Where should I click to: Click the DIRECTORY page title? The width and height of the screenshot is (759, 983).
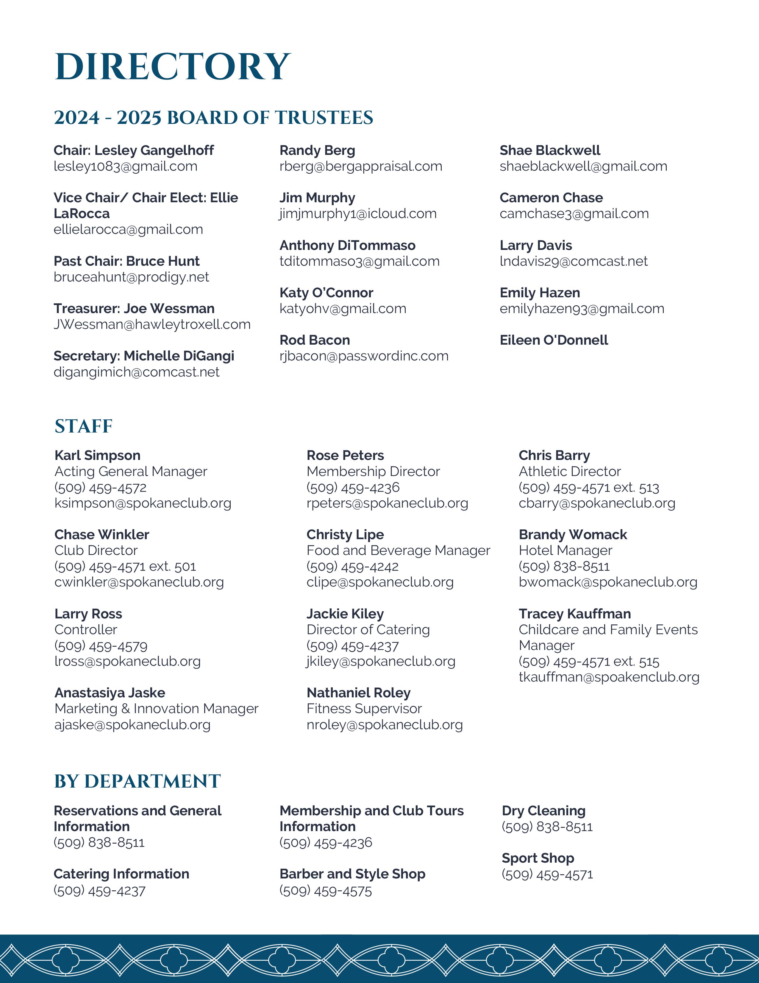pos(173,67)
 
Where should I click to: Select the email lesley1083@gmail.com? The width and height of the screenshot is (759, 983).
pos(125,167)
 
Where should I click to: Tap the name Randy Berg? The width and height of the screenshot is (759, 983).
pos(317,150)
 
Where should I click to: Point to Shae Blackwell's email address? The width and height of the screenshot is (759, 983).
pos(583,167)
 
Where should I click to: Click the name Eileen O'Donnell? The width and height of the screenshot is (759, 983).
pos(554,340)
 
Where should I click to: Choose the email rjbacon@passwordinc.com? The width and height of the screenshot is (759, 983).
pos(364,356)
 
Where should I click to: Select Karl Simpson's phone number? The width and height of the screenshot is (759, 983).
pos(100,487)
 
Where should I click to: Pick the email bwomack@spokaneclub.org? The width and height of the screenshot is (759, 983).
pos(608,582)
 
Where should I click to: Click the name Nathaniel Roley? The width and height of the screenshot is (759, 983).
pos(358,693)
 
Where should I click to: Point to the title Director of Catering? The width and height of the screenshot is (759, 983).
pos(368,630)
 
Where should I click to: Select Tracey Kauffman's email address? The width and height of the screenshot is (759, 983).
pos(609,677)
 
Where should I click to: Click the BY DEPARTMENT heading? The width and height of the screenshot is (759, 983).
pos(137,781)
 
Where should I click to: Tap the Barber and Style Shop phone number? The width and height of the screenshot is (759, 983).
pos(326,891)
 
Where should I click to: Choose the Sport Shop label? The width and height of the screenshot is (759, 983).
pos(538,858)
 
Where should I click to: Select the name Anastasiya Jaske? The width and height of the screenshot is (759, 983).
pos(110,693)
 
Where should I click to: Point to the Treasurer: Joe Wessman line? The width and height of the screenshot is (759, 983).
pos(134,309)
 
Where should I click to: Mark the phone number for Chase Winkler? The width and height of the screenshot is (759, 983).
pos(125,566)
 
